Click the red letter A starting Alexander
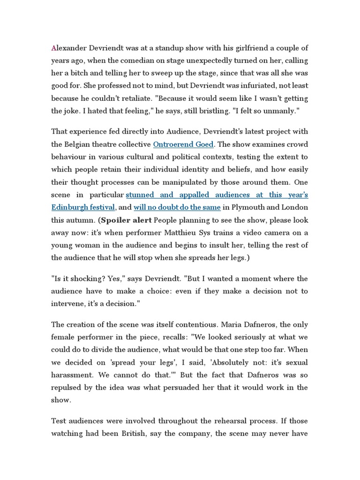click(54, 48)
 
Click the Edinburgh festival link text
click(82, 207)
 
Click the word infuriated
click(248, 86)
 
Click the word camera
click(288, 232)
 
